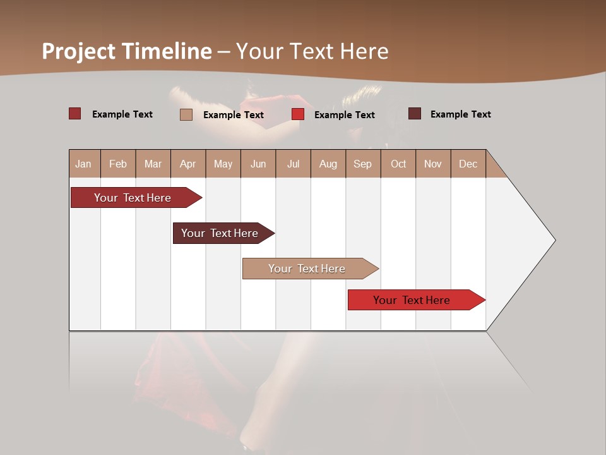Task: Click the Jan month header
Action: point(83,164)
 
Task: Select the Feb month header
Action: point(118,164)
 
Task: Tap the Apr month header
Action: point(187,164)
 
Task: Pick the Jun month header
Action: point(258,164)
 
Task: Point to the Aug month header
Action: point(328,164)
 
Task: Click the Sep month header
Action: point(362,164)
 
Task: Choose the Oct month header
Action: point(398,164)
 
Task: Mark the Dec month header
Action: point(468,164)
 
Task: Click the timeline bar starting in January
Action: point(133,198)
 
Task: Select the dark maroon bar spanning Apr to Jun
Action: point(220,233)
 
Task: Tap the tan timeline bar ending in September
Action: point(307,269)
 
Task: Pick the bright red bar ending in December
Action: point(412,300)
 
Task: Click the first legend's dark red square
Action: point(74,114)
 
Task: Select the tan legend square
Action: point(186,114)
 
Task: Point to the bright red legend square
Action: point(298,114)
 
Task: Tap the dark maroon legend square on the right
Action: point(414,114)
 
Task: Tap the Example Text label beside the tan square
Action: point(233,115)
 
